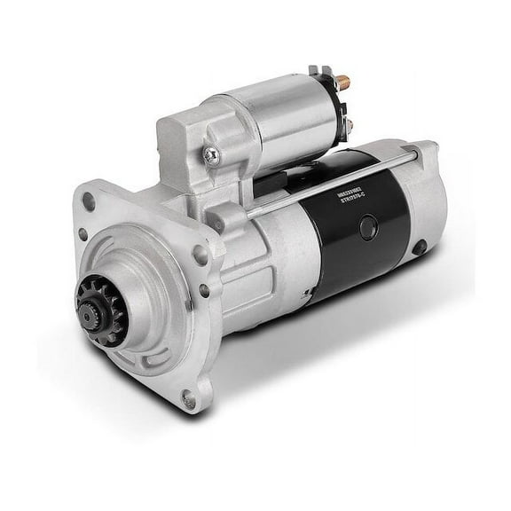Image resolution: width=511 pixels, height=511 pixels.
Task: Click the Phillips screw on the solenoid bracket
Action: tap(212, 156)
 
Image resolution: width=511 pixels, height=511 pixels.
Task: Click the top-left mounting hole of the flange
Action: tap(88, 201)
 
